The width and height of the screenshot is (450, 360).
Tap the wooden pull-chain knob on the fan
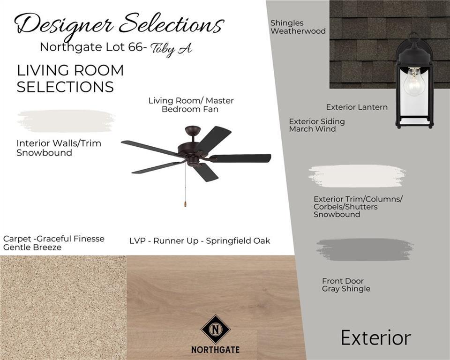(186, 203)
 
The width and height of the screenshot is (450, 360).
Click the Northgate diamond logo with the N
(216, 329)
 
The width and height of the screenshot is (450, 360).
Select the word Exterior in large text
(376, 338)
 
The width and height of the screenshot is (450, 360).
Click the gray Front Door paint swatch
(365, 249)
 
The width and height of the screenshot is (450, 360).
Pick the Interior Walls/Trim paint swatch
(66, 121)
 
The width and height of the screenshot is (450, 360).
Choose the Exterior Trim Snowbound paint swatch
(357, 176)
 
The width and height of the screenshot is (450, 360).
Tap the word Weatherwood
(298, 31)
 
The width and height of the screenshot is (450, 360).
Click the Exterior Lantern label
(357, 107)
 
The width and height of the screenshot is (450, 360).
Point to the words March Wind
(312, 129)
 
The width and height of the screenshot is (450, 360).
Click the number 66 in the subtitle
(135, 47)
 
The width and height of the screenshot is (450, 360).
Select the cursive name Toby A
(172, 49)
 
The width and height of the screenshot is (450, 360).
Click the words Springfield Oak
(238, 241)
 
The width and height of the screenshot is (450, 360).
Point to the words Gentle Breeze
(32, 247)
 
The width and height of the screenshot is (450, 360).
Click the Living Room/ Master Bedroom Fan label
(191, 105)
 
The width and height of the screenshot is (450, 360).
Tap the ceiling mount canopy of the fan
(193, 129)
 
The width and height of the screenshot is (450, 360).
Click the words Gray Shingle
(346, 289)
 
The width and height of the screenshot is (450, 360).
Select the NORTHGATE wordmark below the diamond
(215, 350)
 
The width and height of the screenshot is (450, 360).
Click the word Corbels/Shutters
(345, 207)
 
